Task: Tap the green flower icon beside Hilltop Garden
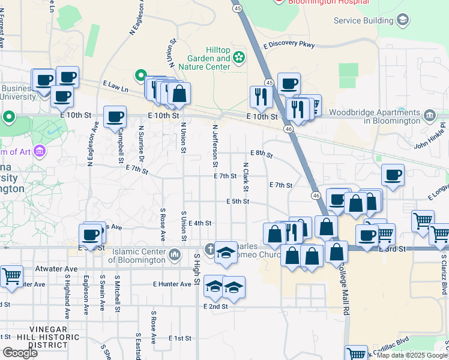coord(239,58)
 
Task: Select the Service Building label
coord(364,20)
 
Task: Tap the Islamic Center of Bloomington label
coord(137,256)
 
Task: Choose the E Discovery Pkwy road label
coord(288,45)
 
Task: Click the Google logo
coord(19,353)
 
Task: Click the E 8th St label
coord(262,154)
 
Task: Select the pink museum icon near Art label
coord(40,149)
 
